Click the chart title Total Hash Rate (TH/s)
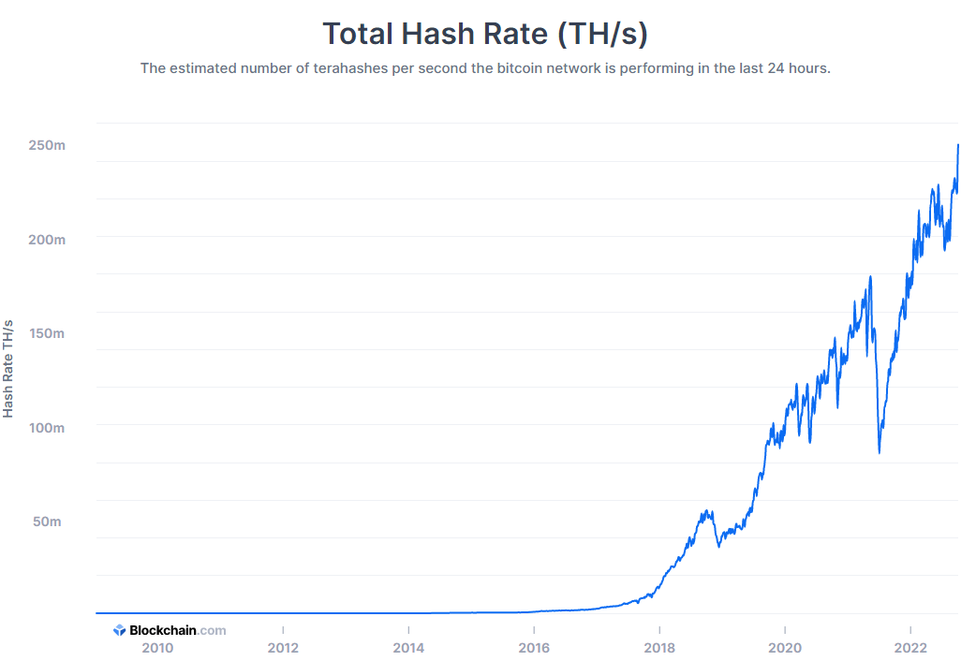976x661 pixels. pos(485,34)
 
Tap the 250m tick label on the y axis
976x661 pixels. pos(46,145)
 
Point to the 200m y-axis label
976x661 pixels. pos(46,240)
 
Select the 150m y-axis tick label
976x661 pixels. pos(46,333)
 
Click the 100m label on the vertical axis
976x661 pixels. pos(46,428)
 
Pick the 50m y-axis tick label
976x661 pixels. pos(47,521)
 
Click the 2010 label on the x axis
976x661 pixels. pos(157,647)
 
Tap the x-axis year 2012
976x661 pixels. pos(283,647)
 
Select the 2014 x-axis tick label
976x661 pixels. pos(408,647)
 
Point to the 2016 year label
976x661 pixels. pos(534,647)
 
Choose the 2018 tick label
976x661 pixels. pos(659,647)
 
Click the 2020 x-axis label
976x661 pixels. pos(785,647)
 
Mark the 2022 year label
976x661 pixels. pos(910,647)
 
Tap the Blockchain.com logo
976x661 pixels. pos(170,630)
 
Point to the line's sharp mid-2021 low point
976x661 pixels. pos(879,453)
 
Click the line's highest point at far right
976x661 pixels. pos(958,145)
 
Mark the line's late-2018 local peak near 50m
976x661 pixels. pos(708,511)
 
